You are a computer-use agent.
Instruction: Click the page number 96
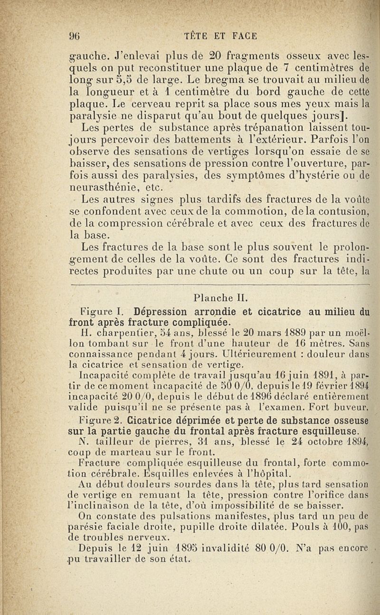point(73,35)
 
